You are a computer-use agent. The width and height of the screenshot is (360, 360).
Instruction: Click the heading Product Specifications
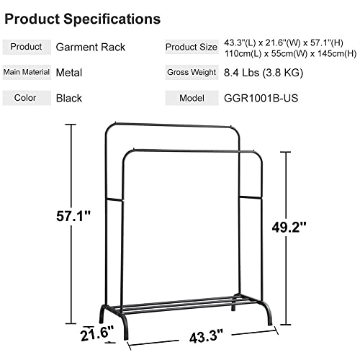click(x=83, y=17)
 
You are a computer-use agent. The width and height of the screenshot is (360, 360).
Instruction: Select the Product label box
click(x=27, y=48)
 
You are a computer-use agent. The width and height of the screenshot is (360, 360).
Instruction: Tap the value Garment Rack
click(x=91, y=48)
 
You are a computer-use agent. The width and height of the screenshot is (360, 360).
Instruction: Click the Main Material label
click(x=27, y=72)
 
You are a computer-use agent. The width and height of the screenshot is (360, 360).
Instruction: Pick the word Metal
click(x=70, y=72)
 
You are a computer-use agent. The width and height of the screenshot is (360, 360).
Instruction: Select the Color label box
click(x=27, y=98)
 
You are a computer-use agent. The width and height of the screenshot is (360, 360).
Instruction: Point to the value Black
click(x=69, y=98)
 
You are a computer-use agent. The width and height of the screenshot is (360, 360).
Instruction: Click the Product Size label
click(x=192, y=48)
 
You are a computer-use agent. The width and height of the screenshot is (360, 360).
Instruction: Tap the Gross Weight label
click(x=192, y=72)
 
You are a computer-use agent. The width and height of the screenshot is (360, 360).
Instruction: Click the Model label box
click(x=192, y=98)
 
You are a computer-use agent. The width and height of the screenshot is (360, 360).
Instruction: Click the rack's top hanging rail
click(x=173, y=125)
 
